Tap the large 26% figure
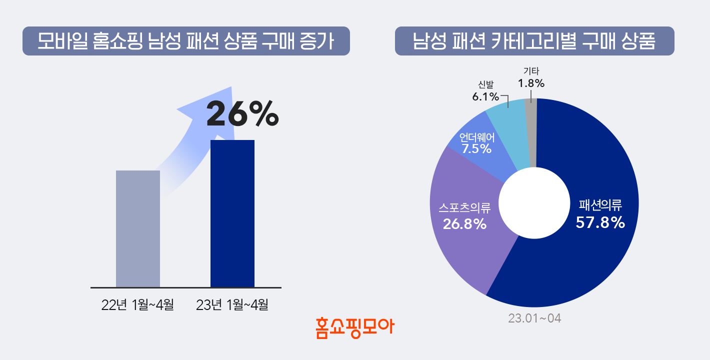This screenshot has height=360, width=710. tap(242, 114)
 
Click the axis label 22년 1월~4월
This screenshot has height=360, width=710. tap(137, 304)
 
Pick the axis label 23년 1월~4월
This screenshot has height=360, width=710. tap(232, 304)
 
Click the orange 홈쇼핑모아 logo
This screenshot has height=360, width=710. tap(355, 328)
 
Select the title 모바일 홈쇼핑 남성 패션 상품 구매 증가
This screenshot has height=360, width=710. tap(186, 41)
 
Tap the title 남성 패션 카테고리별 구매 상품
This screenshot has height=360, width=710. tap(534, 41)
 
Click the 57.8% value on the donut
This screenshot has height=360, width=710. tap(600, 222)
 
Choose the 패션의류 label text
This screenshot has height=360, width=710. tap(600, 205)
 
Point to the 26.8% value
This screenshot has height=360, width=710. tap(465, 224)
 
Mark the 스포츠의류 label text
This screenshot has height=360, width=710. tap(464, 206)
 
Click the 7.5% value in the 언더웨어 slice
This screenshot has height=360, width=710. tap(476, 148)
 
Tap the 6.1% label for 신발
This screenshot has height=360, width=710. tap(485, 96)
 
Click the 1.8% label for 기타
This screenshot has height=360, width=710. tap(531, 83)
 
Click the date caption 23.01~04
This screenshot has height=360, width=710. tap(534, 318)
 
